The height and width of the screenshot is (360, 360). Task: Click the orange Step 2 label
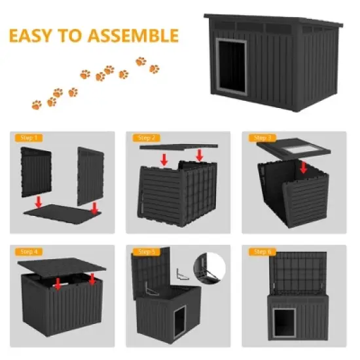[x=145, y=138]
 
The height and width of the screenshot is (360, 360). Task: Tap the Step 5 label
[x=145, y=251]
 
